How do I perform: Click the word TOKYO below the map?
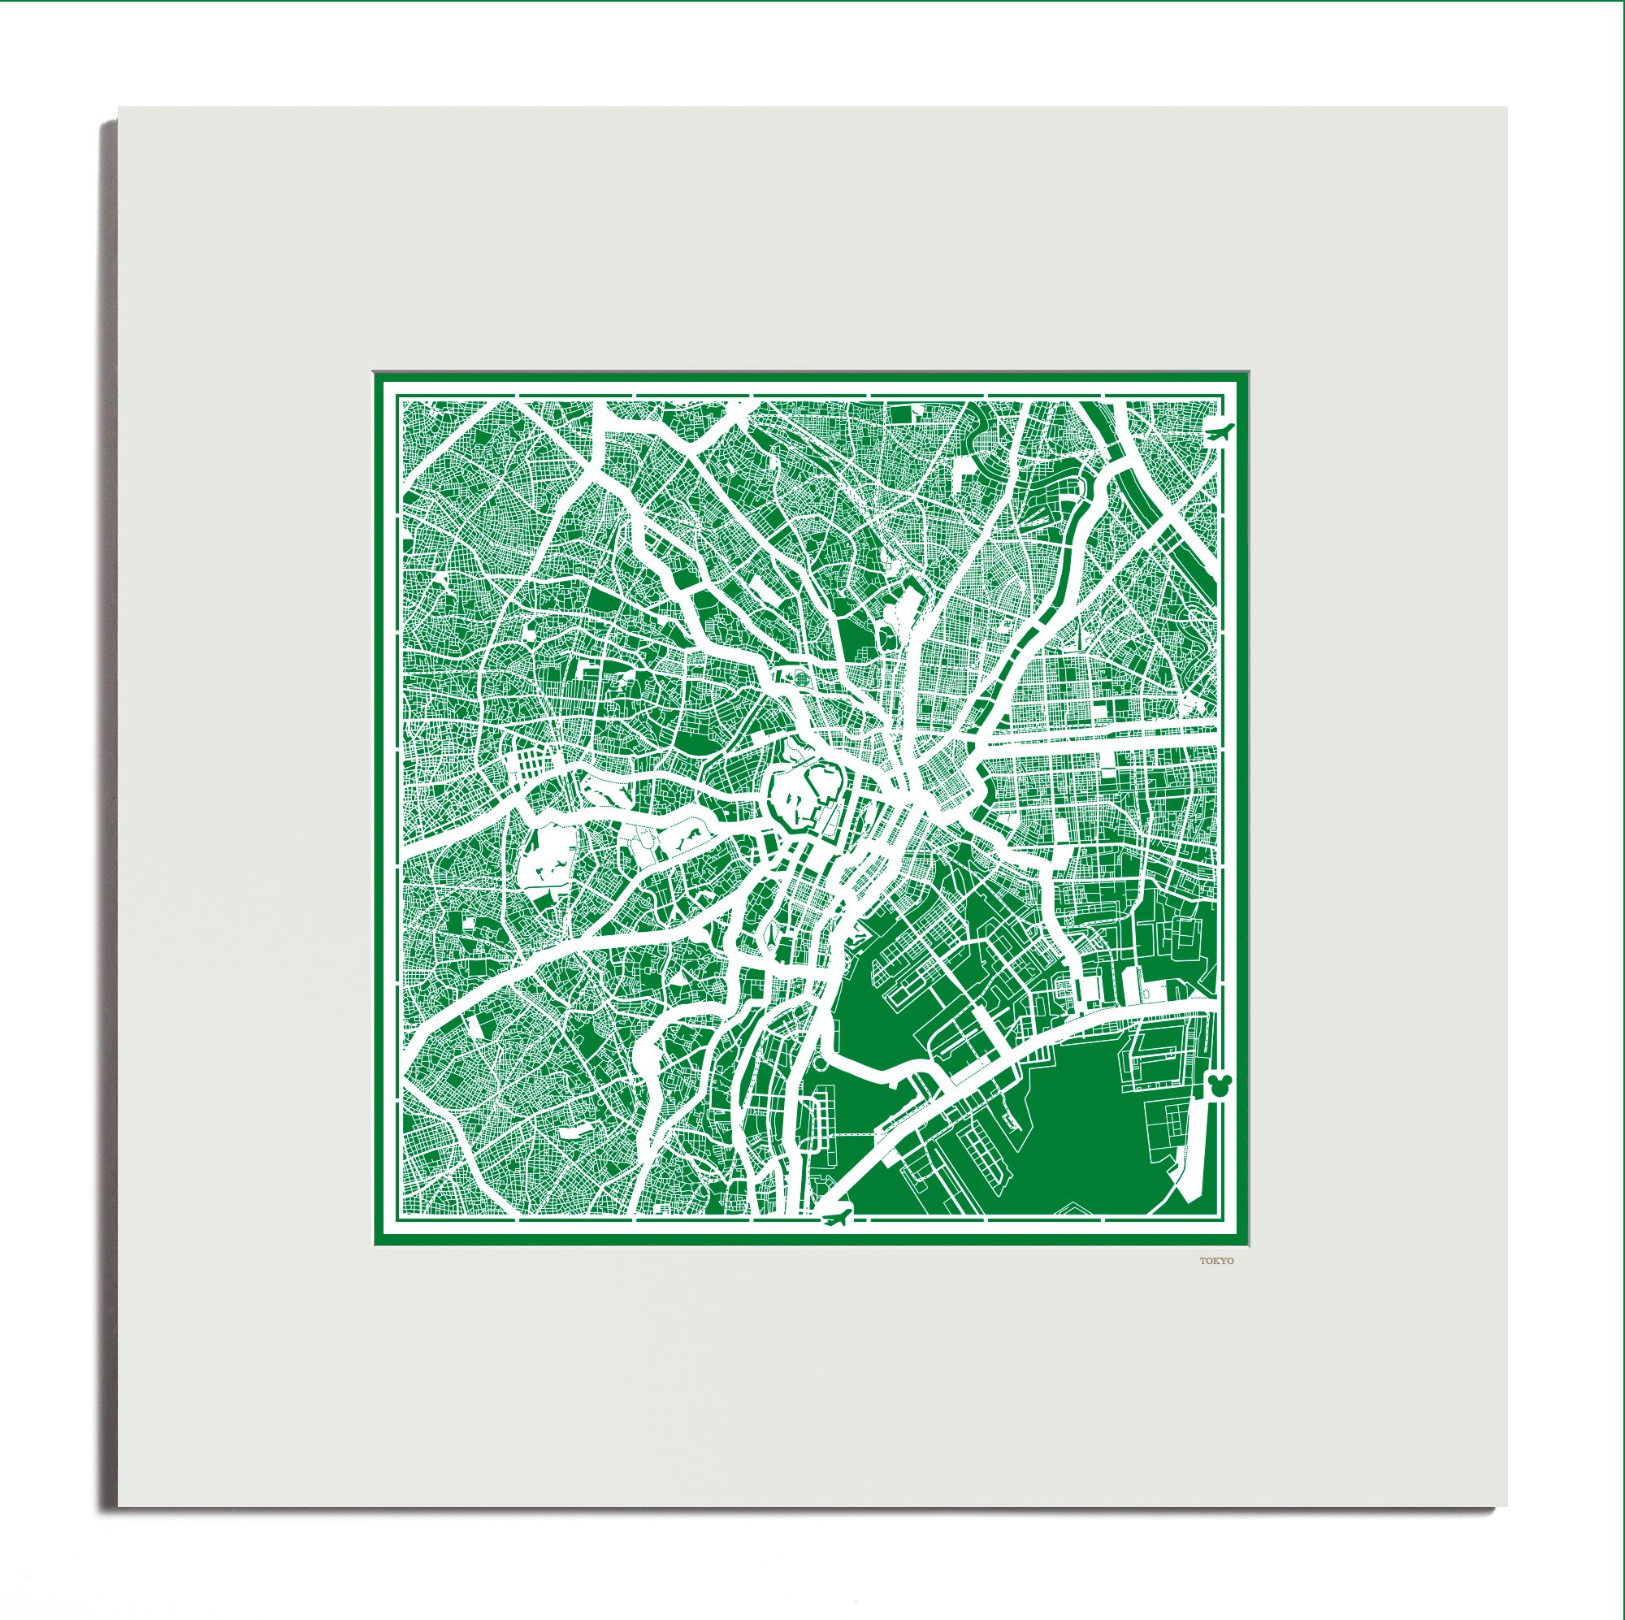point(1217,1284)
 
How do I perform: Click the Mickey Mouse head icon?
point(1217,1085)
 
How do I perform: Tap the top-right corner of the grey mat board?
point(1506,109)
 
